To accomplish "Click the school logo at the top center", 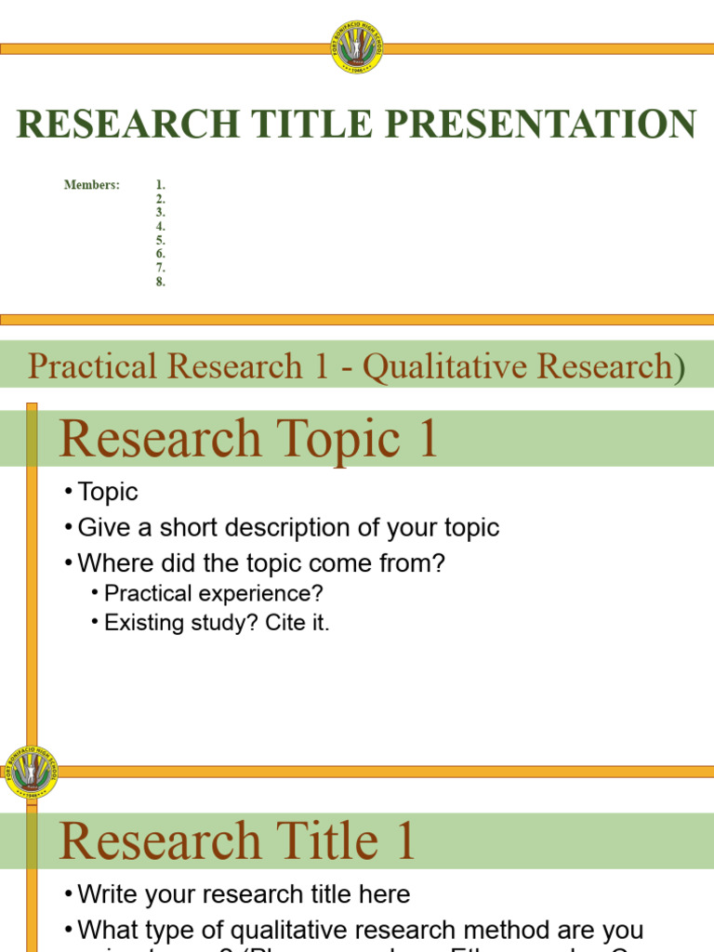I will click(x=356, y=47).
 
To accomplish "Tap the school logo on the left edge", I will click(x=31, y=772).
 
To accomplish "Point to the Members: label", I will click(x=91, y=185).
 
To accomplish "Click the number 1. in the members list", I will click(x=161, y=185).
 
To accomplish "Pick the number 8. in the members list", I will click(x=161, y=282).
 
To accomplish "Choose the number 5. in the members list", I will click(x=161, y=240).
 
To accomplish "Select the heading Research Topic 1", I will click(x=248, y=440).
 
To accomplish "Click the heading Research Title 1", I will click(x=237, y=841).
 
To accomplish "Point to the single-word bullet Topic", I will click(x=108, y=492).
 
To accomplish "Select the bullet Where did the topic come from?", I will click(x=261, y=563).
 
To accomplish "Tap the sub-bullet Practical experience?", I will click(x=214, y=593).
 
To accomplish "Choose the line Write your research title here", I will click(x=244, y=894).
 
